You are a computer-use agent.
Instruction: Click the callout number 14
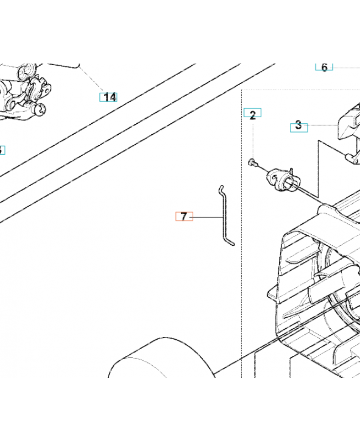[x=108, y=97]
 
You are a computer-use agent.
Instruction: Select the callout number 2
[x=252, y=113]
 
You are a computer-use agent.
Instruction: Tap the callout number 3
[x=299, y=128]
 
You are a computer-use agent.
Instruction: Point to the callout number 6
[x=324, y=67]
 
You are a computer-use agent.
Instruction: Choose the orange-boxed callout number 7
[x=184, y=216]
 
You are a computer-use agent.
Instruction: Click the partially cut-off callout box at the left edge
[x=2, y=150]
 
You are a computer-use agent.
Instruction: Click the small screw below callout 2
[x=252, y=162]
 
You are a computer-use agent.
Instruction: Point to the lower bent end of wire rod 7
[x=231, y=243]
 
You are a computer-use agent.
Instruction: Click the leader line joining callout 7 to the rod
[x=208, y=217]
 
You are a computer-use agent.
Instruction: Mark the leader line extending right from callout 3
[x=323, y=125]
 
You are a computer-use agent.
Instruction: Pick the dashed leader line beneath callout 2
[x=253, y=138]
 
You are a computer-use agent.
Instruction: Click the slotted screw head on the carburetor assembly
[x=41, y=109]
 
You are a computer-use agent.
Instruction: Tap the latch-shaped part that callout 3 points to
[x=350, y=123]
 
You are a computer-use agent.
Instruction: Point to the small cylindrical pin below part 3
[x=352, y=158]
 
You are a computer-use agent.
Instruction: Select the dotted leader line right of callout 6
[x=347, y=67]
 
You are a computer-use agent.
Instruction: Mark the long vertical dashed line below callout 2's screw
[x=242, y=234]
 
